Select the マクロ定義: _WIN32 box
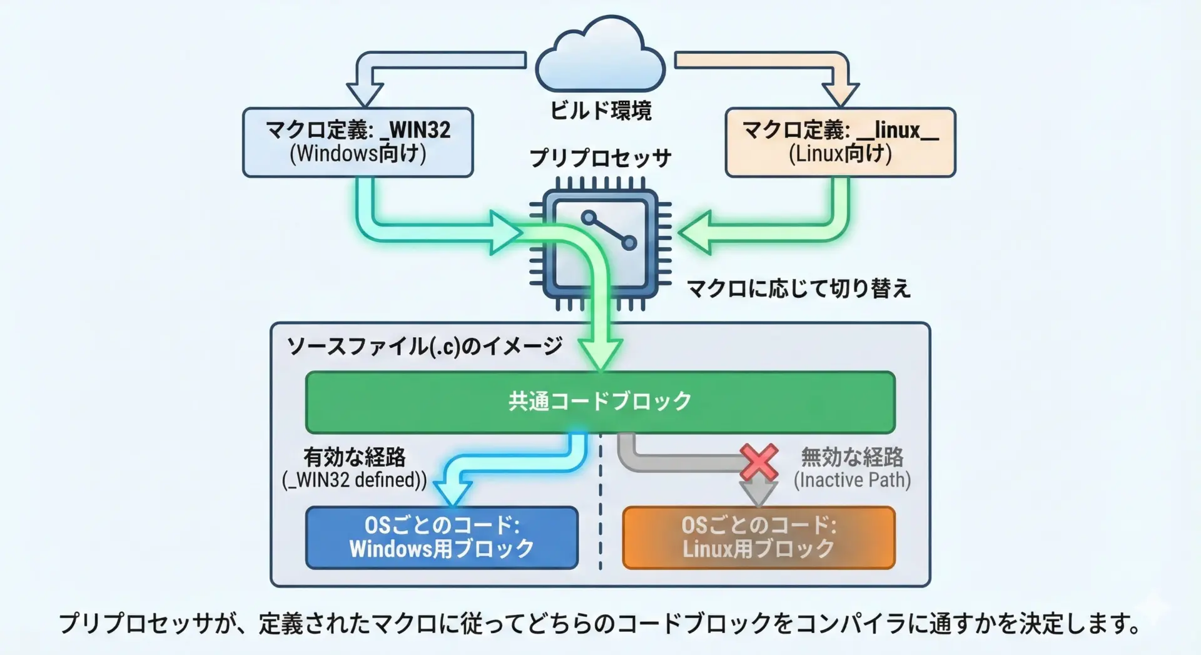[358, 142]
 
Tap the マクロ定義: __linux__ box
[840, 142]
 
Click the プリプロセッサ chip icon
[600, 245]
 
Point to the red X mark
[759, 462]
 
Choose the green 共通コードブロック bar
[600, 402]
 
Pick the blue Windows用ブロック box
[442, 537]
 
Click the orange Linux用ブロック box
[759, 537]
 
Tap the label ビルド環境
[600, 111]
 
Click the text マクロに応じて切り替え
[798, 288]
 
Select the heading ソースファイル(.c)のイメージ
[425, 346]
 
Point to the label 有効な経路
[355, 457]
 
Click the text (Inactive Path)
[852, 480]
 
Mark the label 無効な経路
[852, 457]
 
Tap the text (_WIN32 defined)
[355, 480]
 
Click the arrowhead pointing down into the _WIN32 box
[365, 94]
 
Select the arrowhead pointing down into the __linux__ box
[840, 94]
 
